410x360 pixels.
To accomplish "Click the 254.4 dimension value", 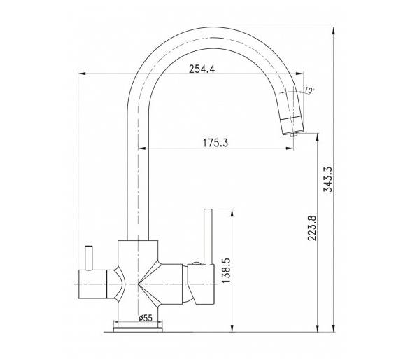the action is (x=202, y=69).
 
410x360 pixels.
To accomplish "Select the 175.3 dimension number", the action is (x=215, y=143).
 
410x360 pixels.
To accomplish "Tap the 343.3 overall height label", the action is (x=327, y=179).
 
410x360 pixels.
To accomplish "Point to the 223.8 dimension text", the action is (x=312, y=228).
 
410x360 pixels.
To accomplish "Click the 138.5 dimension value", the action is (x=226, y=270).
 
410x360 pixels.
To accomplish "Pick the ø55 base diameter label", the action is (x=146, y=318).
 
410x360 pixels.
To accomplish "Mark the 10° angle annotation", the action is (x=309, y=90).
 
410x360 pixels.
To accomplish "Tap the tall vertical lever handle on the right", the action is (x=208, y=237).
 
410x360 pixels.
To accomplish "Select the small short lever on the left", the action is (x=88, y=258).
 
